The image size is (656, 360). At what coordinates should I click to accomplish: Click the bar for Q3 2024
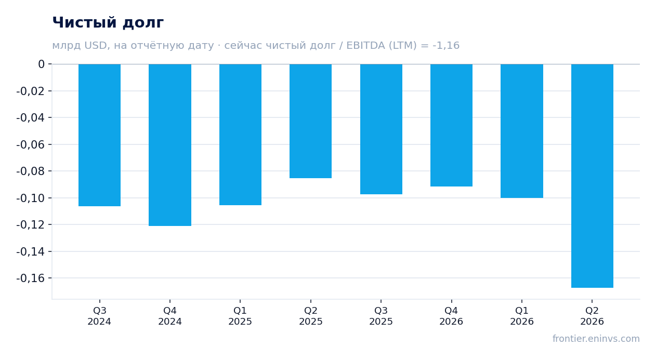click(100, 135)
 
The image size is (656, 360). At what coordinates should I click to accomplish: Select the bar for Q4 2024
click(170, 145)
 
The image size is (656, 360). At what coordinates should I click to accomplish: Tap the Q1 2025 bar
click(241, 135)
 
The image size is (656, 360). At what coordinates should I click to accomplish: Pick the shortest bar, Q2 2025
click(311, 121)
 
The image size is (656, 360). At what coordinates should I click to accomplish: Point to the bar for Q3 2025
click(382, 129)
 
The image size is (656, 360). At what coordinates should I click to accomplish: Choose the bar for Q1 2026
click(522, 131)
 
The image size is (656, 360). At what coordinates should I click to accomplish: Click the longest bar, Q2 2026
click(592, 176)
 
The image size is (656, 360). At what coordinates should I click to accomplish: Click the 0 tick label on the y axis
click(41, 64)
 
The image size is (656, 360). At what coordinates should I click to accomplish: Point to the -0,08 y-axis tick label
click(31, 171)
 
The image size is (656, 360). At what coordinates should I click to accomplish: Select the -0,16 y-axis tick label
click(31, 278)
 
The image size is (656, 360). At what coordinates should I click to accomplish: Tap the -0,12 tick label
click(31, 225)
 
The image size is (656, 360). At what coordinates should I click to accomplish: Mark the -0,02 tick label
click(31, 91)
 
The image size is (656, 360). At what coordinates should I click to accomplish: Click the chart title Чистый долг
click(108, 22)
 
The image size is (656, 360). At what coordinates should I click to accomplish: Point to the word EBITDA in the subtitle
click(365, 45)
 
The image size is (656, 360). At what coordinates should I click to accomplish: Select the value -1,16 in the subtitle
click(446, 45)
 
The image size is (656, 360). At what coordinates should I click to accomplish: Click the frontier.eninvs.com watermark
click(596, 339)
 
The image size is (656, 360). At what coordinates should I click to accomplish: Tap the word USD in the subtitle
click(96, 45)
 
